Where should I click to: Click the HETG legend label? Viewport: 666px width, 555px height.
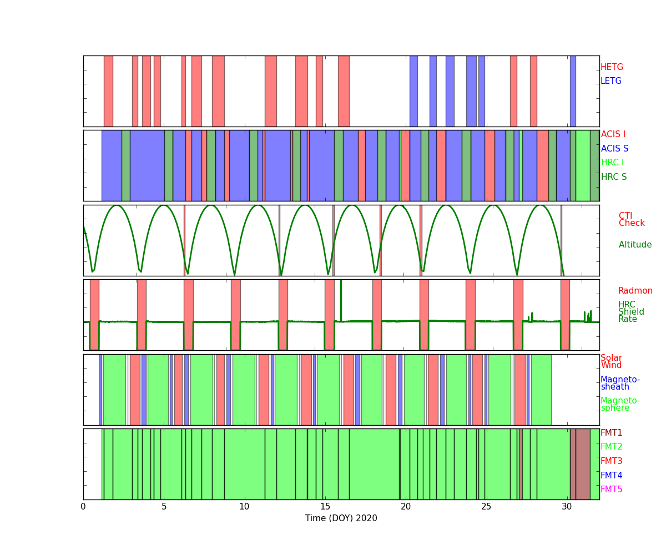pos(612,67)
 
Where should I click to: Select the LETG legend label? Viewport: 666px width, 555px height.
pos(611,81)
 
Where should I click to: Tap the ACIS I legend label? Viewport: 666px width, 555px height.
pos(613,134)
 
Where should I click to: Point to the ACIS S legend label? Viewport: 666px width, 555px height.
pos(614,149)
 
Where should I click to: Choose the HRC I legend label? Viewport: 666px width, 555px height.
pos(612,163)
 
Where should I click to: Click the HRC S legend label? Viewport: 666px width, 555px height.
pos(613,177)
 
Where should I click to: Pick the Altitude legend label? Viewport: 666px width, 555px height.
pos(635,245)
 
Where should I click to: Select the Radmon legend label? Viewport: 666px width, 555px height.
pos(635,291)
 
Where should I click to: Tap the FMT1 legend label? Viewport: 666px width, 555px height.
pos(611,433)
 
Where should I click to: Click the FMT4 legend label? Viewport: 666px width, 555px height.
pos(611,476)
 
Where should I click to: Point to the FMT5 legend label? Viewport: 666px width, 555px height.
pos(611,490)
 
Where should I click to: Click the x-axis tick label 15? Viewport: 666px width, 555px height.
pos(325,506)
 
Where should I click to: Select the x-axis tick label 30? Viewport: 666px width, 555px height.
pos(567,506)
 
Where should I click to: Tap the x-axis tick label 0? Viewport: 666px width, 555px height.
pos(83,506)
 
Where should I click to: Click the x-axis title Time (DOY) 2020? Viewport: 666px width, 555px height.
pos(341,518)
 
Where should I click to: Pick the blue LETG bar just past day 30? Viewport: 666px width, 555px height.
pos(573,91)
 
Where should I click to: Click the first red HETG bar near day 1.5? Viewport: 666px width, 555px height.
pos(108,91)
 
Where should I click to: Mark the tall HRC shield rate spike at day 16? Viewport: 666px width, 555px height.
pos(341,294)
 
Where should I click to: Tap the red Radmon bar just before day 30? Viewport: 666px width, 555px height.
pos(565,314)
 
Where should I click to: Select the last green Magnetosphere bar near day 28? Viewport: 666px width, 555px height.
pos(541,390)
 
